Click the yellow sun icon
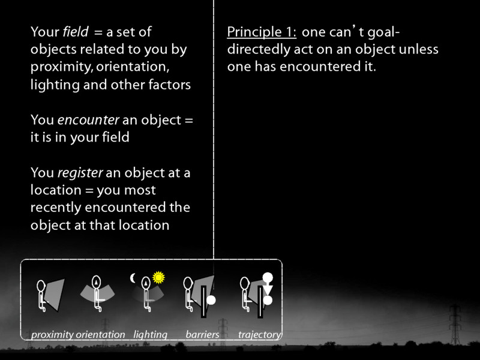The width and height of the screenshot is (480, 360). coord(158,277)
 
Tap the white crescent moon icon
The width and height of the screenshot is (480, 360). coord(134,278)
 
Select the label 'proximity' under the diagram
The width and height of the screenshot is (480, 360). coord(52,335)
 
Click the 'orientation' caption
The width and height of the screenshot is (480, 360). coord(100,335)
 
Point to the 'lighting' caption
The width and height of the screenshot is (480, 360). coord(150,335)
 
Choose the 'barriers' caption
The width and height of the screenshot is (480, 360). coord(202,335)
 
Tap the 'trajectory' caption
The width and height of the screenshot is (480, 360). coord(259,335)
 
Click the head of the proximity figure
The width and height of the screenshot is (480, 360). coord(41,286)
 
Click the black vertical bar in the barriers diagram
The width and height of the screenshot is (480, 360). coord(203,302)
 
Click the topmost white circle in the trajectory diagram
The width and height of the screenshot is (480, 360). coord(268,278)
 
